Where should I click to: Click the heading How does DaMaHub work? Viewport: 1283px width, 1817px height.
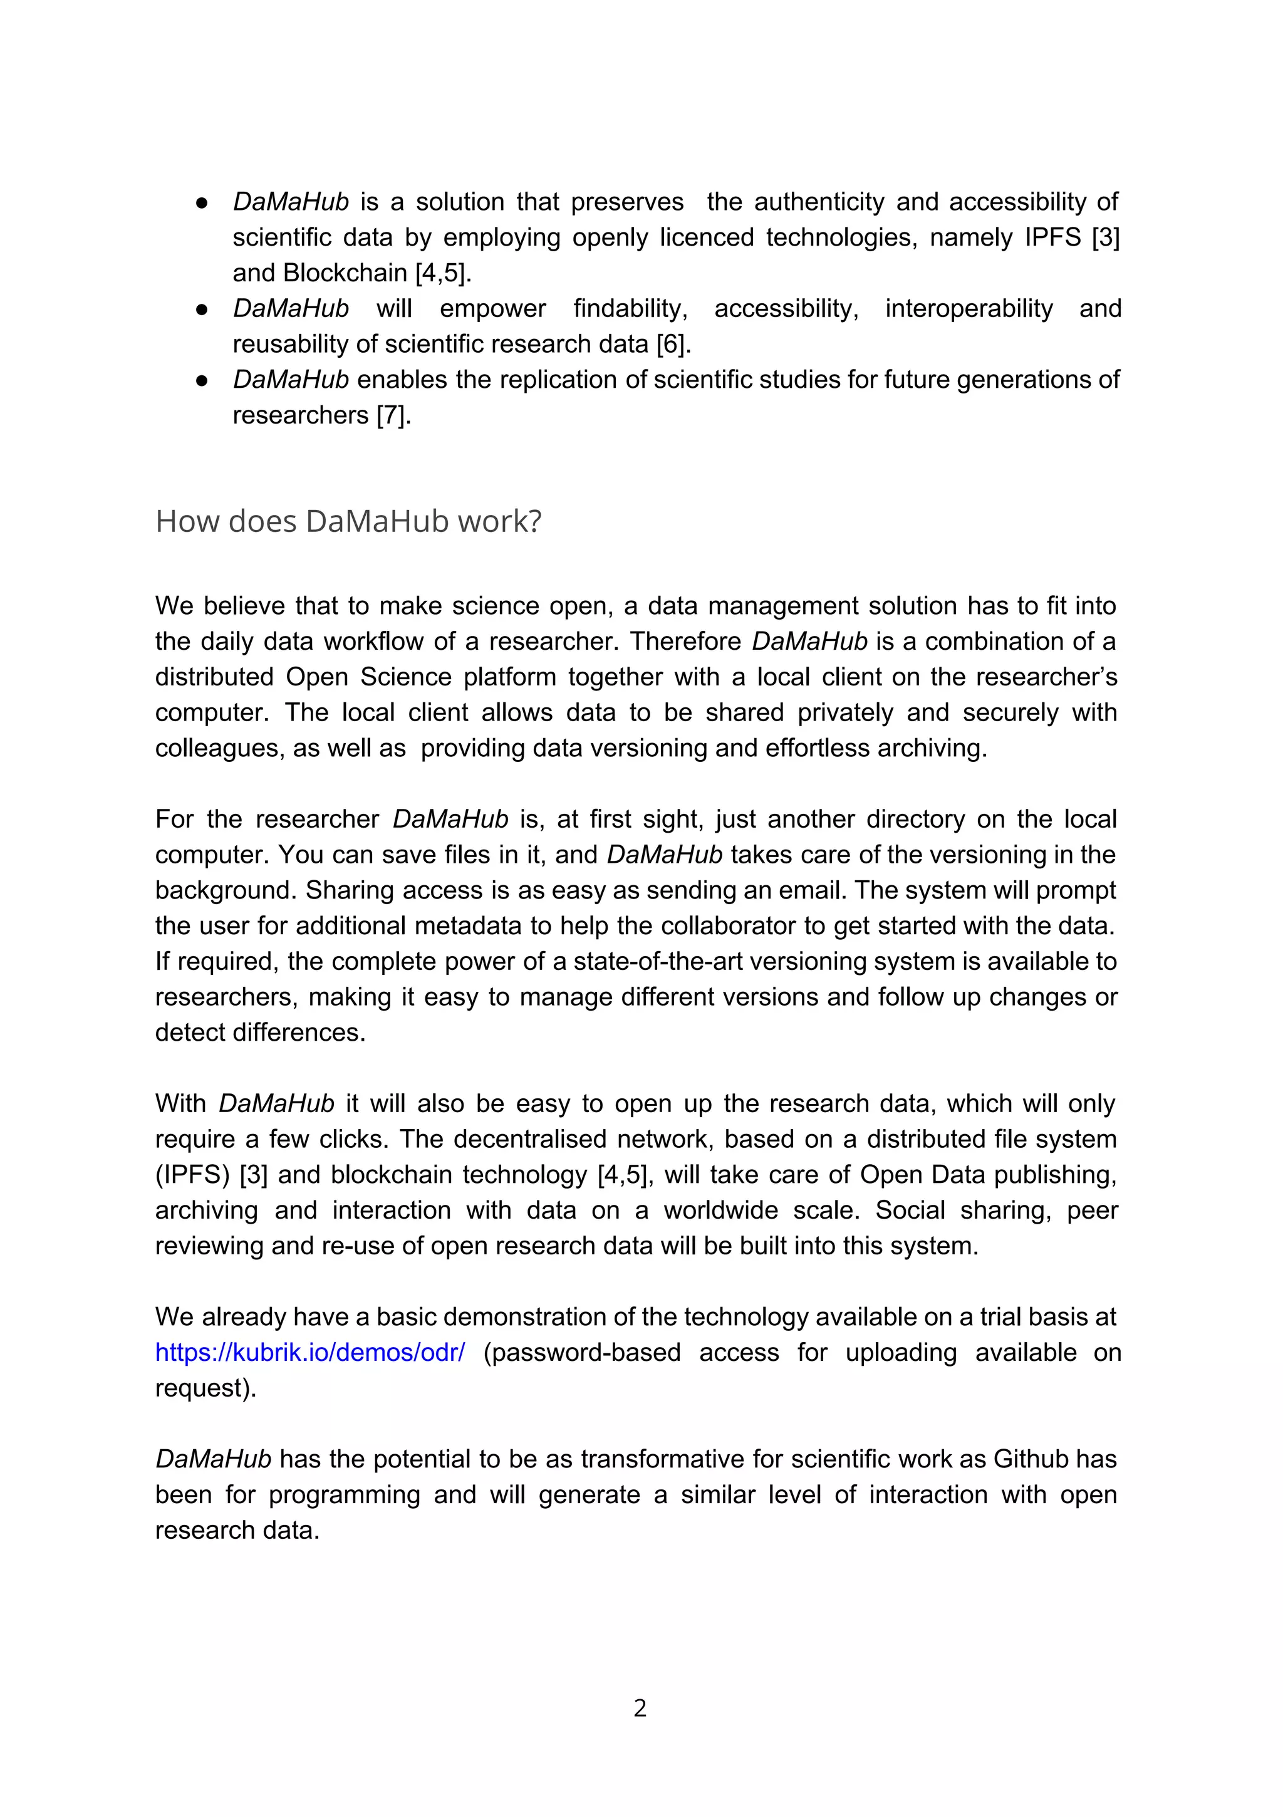pyautogui.click(x=348, y=521)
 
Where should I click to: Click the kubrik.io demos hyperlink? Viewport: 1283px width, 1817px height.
pyautogui.click(x=309, y=1353)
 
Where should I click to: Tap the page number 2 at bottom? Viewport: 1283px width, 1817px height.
pyautogui.click(x=640, y=1708)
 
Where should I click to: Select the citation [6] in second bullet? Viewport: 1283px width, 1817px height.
pyautogui.click(x=673, y=344)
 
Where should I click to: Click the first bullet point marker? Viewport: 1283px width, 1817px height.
pyautogui.click(x=202, y=202)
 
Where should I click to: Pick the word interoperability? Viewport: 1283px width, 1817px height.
pyautogui.click(x=969, y=309)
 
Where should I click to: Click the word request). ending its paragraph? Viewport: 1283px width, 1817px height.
pyautogui.click(x=205, y=1388)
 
